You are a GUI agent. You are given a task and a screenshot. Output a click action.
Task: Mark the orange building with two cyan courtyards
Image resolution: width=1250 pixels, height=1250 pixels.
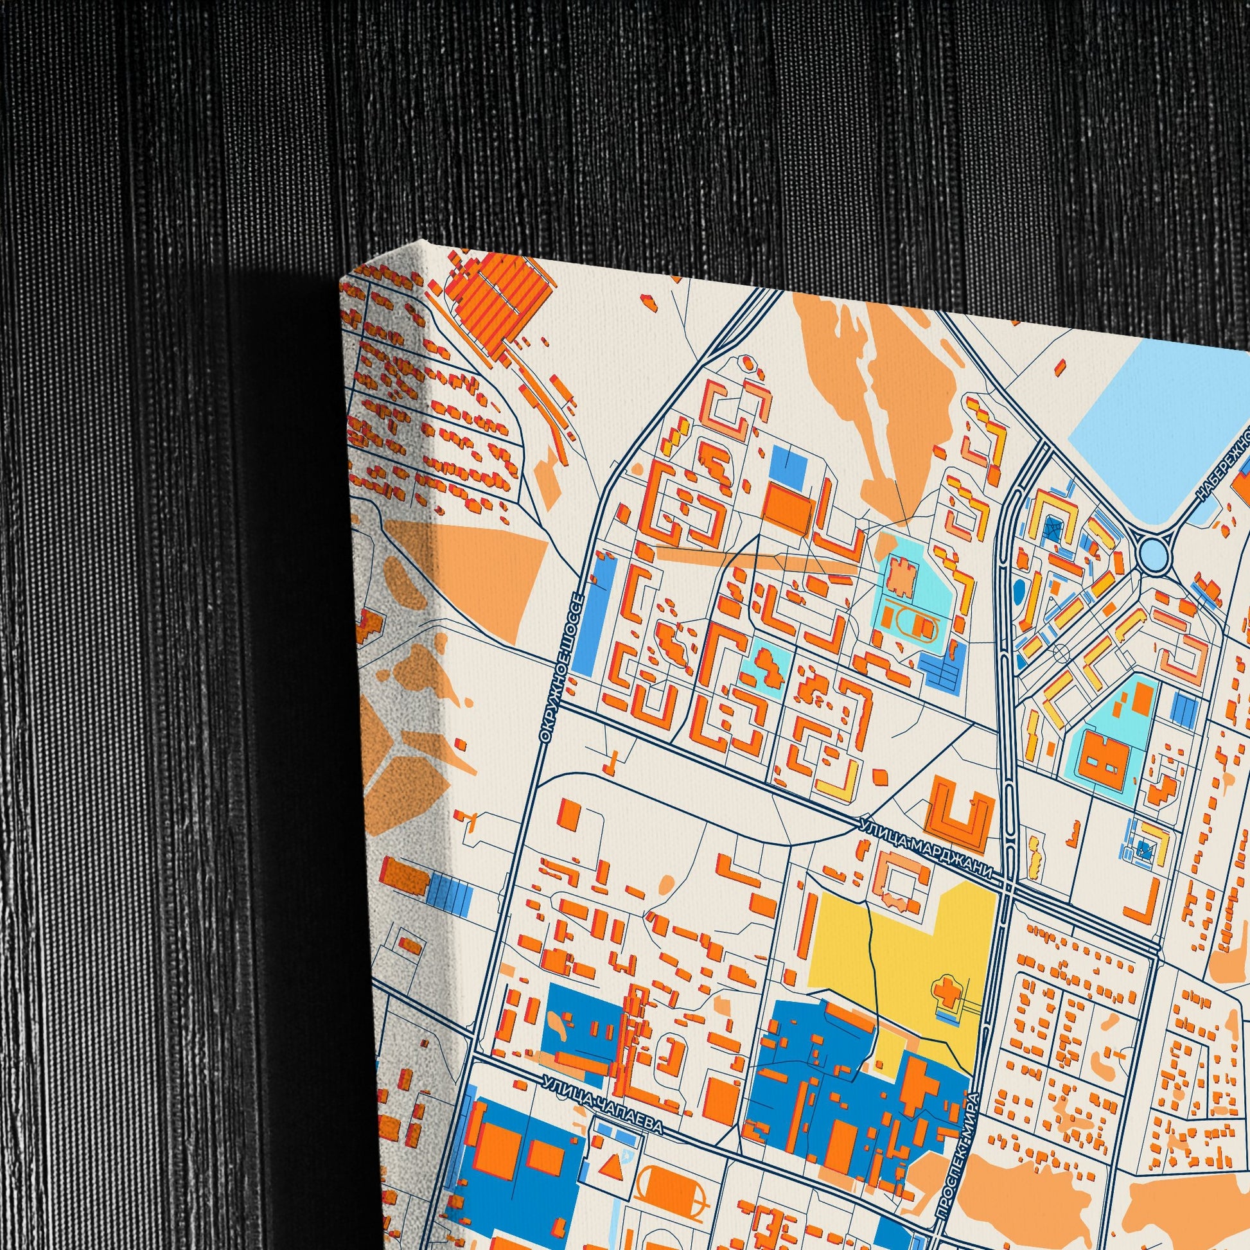click(x=1106, y=759)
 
